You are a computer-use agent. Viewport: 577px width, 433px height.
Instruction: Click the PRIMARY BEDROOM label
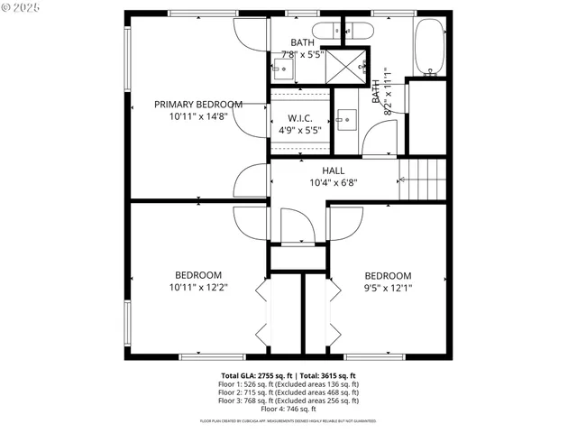pos(197,104)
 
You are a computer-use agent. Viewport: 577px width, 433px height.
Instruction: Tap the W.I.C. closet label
pos(300,117)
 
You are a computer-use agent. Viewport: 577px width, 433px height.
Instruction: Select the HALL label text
pos(334,170)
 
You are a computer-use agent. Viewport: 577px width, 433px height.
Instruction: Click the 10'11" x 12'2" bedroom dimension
pos(197,289)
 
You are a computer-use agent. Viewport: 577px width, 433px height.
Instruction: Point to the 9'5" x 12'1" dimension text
pos(388,289)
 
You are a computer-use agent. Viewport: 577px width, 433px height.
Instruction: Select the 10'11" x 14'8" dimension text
pos(197,116)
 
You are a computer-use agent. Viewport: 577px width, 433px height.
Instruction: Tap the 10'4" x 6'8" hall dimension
pos(334,182)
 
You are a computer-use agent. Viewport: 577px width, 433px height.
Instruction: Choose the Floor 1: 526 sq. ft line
pos(288,384)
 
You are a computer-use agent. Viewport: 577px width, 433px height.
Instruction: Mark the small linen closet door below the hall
pos(295,226)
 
